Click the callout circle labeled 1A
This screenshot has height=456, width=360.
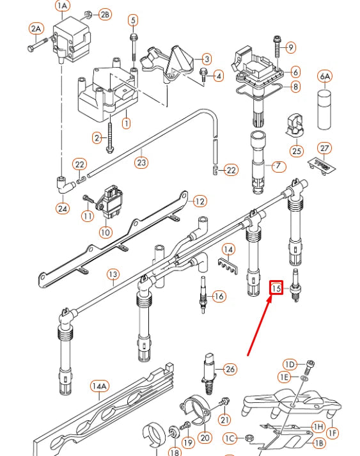(x=62, y=6)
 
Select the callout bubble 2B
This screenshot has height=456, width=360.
(x=104, y=14)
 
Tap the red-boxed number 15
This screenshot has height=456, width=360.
(x=276, y=288)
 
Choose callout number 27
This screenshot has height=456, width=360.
(x=325, y=148)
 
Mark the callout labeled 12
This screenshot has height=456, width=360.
(x=200, y=201)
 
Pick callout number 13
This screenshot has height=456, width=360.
(x=113, y=275)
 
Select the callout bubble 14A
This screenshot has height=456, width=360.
(x=98, y=387)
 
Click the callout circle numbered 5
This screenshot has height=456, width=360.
(x=133, y=20)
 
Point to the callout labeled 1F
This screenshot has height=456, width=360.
(x=332, y=433)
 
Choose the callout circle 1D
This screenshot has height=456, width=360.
(x=290, y=365)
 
